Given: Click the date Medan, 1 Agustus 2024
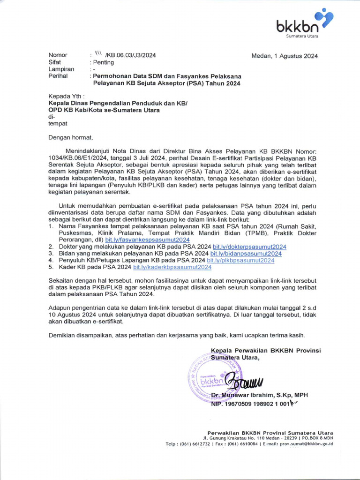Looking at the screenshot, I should (285, 56).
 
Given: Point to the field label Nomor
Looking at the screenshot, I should (58, 55).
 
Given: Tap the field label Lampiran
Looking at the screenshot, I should (61, 69).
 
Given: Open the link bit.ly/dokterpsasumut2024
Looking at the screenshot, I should (249, 247).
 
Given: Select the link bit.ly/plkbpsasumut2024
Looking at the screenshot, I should (240, 260).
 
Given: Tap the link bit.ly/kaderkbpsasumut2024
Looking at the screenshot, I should (172, 267).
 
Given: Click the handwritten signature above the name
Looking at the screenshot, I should (244, 381).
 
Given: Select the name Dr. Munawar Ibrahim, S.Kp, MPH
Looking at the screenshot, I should (259, 395).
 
